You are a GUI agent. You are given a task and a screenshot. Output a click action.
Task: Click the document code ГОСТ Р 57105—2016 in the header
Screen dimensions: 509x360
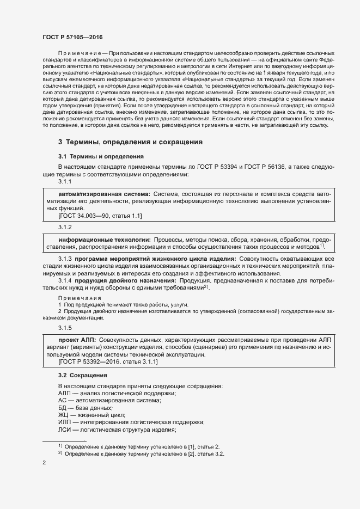[72, 36]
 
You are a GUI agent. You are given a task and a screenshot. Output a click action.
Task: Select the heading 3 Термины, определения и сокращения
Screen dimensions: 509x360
[130, 142]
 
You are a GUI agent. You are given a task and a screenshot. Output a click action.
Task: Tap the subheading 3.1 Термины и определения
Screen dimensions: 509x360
[93, 157]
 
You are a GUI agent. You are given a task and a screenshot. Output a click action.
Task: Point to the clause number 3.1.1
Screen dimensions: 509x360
[65, 182]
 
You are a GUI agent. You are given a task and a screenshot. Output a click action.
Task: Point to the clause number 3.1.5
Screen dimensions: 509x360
[65, 327]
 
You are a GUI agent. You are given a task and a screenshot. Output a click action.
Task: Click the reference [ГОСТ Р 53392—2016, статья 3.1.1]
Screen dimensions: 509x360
[108, 361]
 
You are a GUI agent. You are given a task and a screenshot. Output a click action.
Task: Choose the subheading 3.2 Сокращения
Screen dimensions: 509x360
[83, 376]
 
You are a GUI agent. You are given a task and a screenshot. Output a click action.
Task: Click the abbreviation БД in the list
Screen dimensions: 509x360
[63, 408]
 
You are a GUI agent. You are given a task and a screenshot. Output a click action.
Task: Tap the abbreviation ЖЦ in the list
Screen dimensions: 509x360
[63, 415]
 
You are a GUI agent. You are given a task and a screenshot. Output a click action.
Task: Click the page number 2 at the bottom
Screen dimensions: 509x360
[44, 463]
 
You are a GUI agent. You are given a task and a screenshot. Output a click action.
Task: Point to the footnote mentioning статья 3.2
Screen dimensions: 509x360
[144, 453]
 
